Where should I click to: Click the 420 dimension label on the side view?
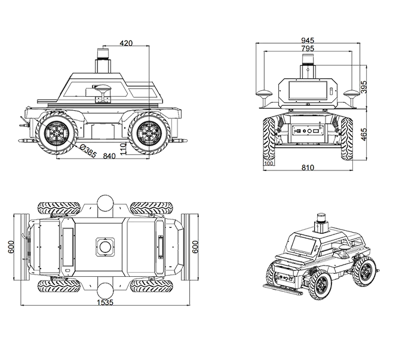[x=126, y=43]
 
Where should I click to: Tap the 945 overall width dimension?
[x=308, y=41]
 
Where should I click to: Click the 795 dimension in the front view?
[x=308, y=48]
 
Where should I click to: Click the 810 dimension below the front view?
[x=308, y=168]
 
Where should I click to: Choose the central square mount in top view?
[x=105, y=246]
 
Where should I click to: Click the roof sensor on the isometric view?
[x=323, y=222]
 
